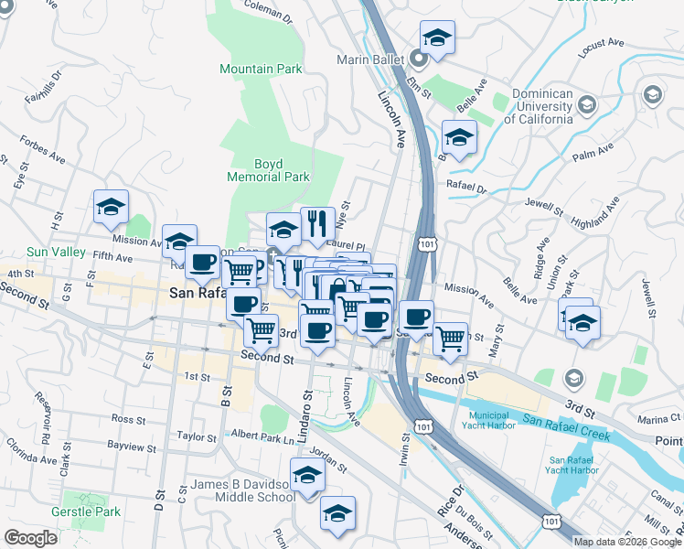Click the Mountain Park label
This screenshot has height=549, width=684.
tap(261, 69)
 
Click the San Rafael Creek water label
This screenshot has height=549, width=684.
tap(566, 426)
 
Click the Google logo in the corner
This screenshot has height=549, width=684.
tap(31, 538)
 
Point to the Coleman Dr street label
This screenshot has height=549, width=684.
tap(269, 11)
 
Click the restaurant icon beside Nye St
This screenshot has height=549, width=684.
tap(315, 223)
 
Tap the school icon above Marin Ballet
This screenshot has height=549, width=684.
tap(437, 38)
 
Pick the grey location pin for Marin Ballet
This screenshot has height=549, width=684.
tap(420, 61)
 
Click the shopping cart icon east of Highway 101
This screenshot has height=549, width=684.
tap(450, 339)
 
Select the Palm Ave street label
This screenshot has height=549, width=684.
tap(592, 157)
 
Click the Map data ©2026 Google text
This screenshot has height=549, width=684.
tap(628, 542)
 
